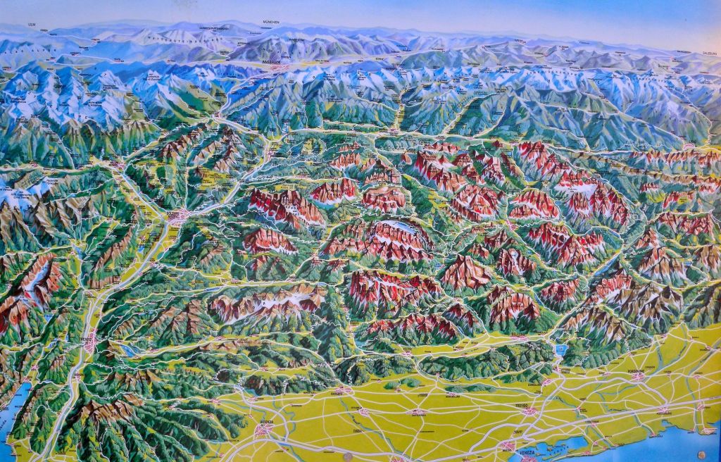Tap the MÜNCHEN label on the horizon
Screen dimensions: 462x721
pos(270,22)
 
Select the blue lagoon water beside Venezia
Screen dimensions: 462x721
pos(563,445)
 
